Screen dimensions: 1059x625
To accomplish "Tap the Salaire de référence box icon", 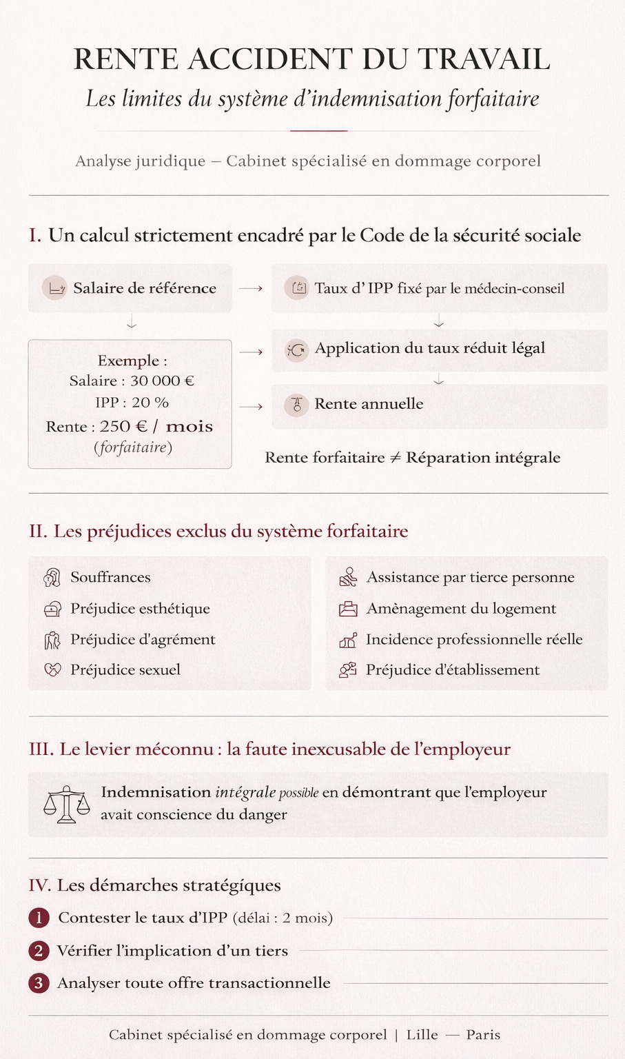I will [54, 288].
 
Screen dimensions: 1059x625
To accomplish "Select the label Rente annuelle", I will [369, 404].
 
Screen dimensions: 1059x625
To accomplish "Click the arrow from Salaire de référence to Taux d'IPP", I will [251, 288].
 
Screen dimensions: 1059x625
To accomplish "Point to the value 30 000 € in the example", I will [162, 381].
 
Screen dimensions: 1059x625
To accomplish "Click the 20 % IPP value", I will [150, 403].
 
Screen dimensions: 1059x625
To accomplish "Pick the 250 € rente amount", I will [123, 427].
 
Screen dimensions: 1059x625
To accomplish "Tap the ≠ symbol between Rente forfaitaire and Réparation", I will [395, 458].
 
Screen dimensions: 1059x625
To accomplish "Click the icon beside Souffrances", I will [52, 578].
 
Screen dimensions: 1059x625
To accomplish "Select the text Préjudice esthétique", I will [140, 609].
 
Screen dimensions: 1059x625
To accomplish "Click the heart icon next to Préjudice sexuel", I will [52, 669].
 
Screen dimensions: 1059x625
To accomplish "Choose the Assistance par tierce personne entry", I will [470, 578].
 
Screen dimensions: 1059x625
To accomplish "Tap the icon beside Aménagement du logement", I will [348, 609].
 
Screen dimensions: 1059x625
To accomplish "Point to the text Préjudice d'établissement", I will [453, 670].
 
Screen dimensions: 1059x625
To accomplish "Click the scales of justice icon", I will [66, 804].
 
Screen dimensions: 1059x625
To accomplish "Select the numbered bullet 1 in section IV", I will [39, 918].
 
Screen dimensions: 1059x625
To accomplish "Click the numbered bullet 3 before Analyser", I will [39, 983].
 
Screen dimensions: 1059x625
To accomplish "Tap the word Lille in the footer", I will [422, 1035].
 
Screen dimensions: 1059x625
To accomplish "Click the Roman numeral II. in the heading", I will [38, 532].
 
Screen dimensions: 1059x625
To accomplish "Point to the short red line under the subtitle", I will [318, 130].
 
